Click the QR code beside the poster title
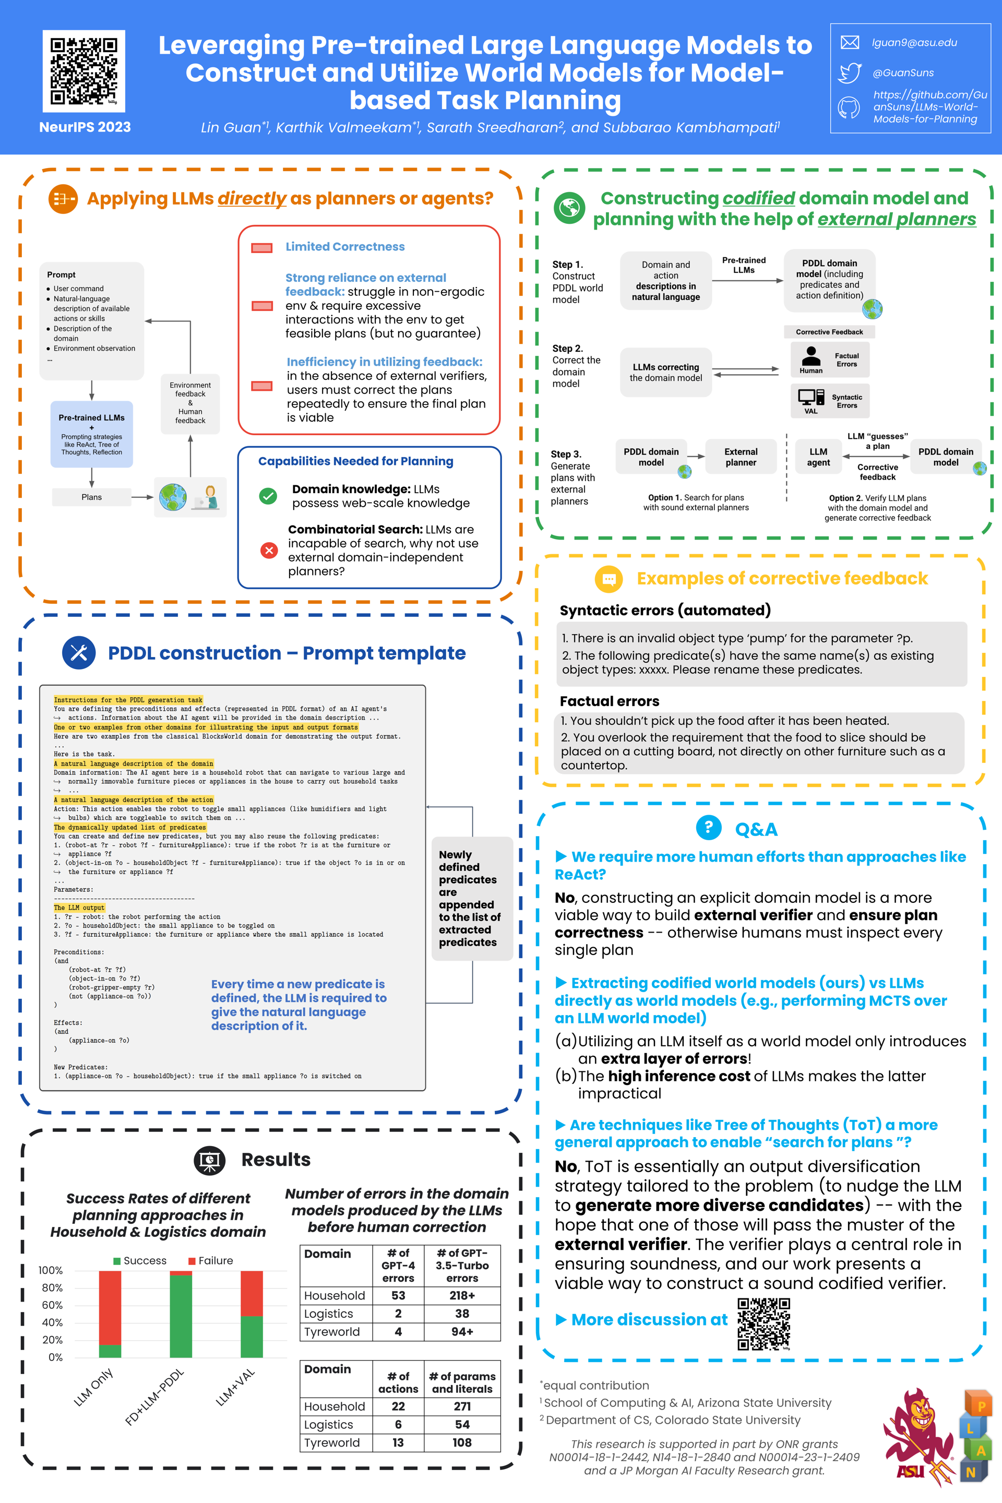(x=83, y=71)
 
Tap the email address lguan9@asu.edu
(x=914, y=43)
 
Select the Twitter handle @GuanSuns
(x=903, y=73)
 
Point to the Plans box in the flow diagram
(x=91, y=497)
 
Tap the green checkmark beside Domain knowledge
(x=268, y=496)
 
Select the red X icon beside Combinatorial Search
(x=269, y=550)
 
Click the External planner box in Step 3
(x=741, y=457)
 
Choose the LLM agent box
(x=818, y=457)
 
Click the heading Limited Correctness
(x=344, y=247)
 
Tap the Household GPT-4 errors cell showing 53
(x=398, y=1295)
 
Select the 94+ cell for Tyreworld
(x=462, y=1332)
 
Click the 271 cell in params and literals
(x=462, y=1406)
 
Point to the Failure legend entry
(x=210, y=1260)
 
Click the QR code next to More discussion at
(x=764, y=1323)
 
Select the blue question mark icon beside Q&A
(x=708, y=828)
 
